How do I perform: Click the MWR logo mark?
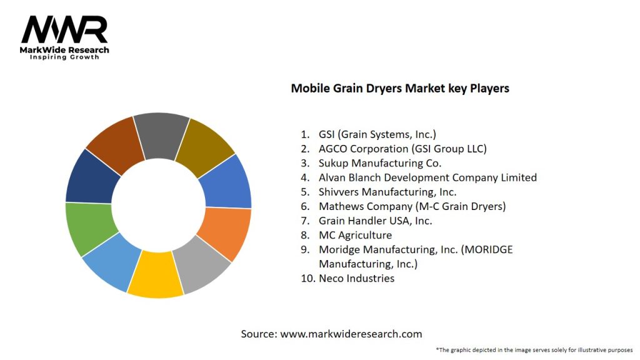tap(64, 31)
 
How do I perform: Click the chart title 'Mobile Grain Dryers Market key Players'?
tap(400, 89)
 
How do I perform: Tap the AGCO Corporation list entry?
tap(402, 149)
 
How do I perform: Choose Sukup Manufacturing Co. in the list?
tap(380, 163)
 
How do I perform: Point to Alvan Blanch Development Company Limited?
tap(427, 177)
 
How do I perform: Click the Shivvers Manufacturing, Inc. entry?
tap(387, 192)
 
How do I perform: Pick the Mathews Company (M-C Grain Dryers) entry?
tap(412, 206)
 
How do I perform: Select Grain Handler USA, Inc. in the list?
tap(375, 221)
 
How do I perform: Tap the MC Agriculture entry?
tap(355, 235)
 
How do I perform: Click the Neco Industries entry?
tap(356, 279)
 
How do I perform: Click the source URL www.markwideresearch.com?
tap(351, 334)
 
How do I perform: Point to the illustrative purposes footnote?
tap(534, 349)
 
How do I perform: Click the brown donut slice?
tap(116, 143)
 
